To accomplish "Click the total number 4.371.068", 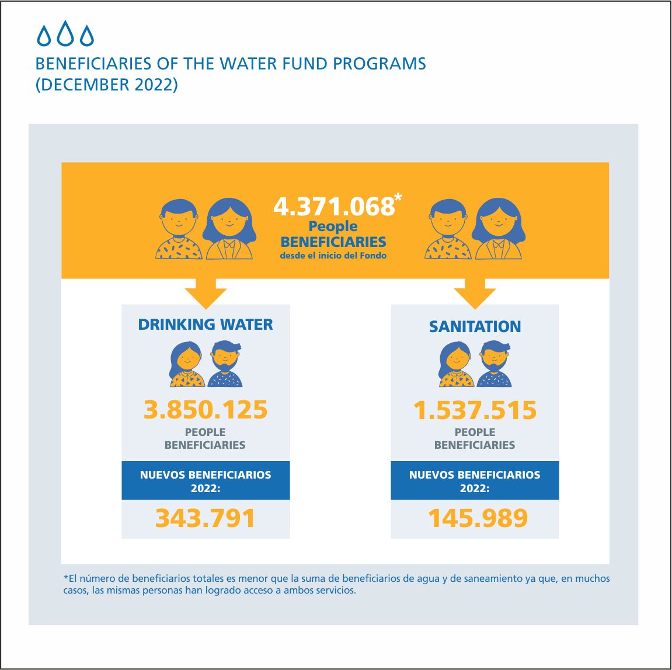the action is [x=334, y=207].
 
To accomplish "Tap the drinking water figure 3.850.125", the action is [x=206, y=410].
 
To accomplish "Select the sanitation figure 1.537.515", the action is [x=475, y=410].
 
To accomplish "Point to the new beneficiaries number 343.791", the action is [x=206, y=518].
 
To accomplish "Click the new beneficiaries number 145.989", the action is [x=478, y=518].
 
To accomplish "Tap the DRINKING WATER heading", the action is [x=206, y=324].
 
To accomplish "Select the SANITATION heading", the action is [x=475, y=326].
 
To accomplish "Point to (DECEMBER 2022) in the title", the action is [x=106, y=85].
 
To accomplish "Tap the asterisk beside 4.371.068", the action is [x=398, y=197].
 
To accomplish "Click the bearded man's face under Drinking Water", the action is [x=225, y=358].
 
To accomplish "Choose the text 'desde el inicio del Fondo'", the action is [x=333, y=256].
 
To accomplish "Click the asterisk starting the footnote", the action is [x=66, y=577].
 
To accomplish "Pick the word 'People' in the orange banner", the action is [x=333, y=226].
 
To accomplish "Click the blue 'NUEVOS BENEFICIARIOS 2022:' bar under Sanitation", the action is [x=475, y=481].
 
